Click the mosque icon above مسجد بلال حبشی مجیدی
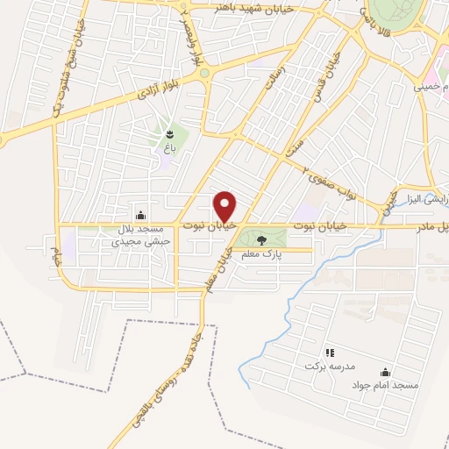140,216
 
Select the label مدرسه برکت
323,364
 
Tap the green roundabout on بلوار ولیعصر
204,75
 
